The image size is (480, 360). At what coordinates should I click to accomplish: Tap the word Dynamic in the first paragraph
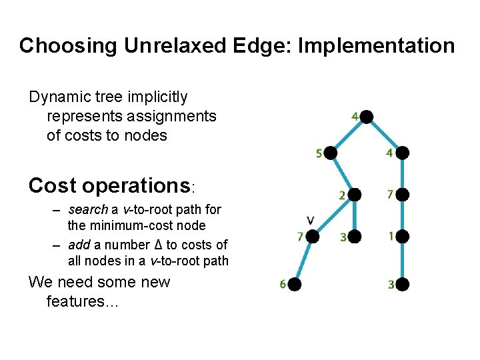(x=61, y=97)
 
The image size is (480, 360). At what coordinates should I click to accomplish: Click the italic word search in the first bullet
(x=86, y=210)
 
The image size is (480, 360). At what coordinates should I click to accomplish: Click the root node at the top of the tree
(x=366, y=117)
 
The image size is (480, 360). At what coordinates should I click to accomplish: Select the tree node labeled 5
(x=331, y=153)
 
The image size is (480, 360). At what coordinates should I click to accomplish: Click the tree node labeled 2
(x=355, y=195)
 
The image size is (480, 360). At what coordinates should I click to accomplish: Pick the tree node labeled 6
(x=295, y=285)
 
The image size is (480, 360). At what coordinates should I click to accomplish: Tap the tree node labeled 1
(x=401, y=236)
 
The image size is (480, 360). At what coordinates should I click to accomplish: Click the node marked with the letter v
(x=312, y=236)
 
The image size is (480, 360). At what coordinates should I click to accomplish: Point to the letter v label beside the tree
(x=310, y=219)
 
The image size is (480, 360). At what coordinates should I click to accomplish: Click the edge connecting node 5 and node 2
(x=343, y=174)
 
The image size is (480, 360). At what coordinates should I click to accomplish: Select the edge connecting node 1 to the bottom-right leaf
(x=401, y=261)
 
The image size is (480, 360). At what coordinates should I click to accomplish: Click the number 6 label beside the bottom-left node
(x=283, y=285)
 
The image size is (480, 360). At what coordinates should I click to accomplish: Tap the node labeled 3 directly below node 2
(x=355, y=236)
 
